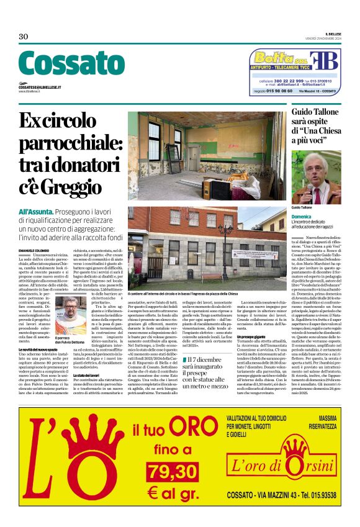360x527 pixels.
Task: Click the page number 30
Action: [24, 37]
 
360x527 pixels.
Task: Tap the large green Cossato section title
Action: [71, 64]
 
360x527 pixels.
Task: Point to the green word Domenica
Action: [301, 218]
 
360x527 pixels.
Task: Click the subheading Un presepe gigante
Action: [255, 336]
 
